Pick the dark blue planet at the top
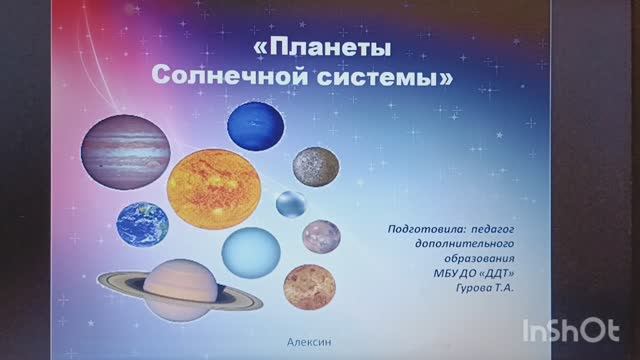click(257, 127)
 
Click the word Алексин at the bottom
click(309, 341)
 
